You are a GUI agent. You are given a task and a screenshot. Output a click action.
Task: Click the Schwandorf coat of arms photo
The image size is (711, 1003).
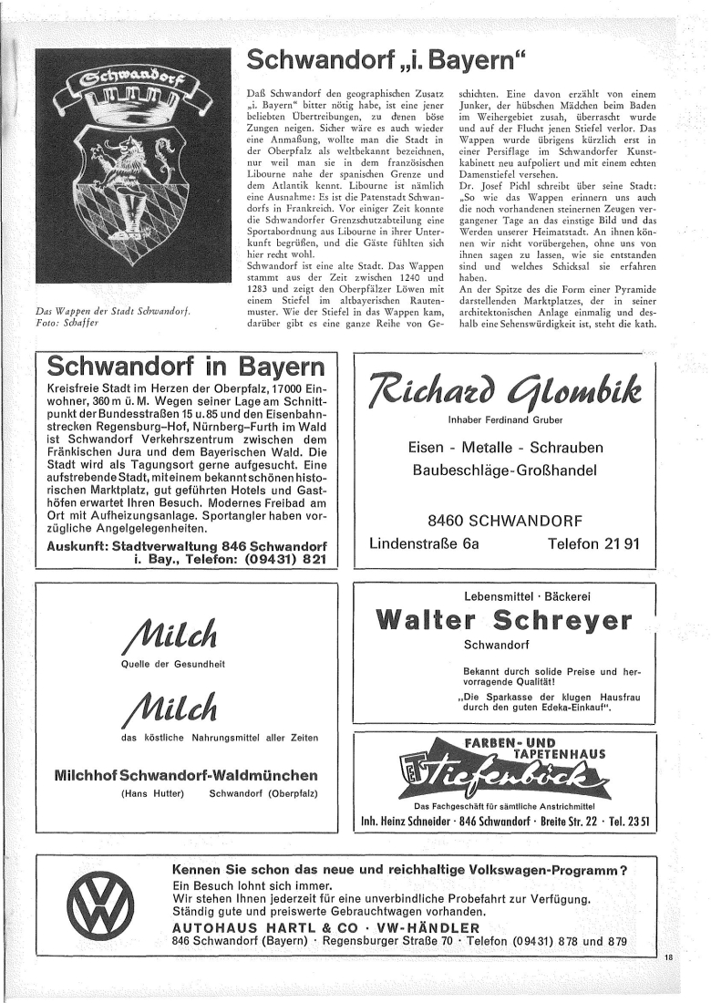click(132, 170)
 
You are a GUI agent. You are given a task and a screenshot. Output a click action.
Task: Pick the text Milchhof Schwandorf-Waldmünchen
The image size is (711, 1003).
click(187, 775)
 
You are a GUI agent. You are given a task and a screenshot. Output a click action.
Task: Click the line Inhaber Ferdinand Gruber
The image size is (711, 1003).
click(504, 420)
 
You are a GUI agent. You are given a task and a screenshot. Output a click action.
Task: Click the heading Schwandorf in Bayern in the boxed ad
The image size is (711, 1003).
click(186, 367)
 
